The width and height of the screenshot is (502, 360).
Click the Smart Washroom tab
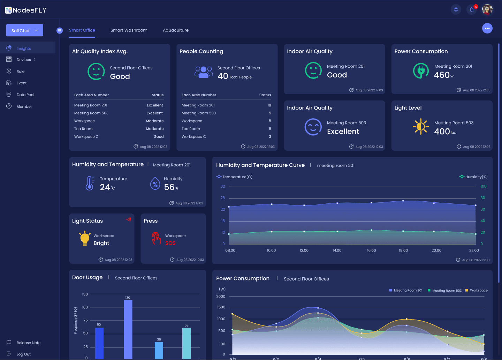click(129, 30)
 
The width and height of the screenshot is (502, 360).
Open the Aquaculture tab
click(175, 30)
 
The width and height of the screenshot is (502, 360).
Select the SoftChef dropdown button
click(25, 30)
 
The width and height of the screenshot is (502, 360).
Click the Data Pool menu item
click(25, 95)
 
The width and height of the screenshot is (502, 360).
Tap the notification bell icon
click(471, 10)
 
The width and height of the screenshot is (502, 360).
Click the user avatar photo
click(487, 10)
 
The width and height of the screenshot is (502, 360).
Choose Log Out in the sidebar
click(23, 354)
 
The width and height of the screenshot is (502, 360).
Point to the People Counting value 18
click(269, 105)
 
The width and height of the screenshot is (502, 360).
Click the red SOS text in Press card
click(170, 243)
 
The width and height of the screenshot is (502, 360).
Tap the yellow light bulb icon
click(85, 238)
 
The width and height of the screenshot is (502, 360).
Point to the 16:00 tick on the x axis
click(371, 250)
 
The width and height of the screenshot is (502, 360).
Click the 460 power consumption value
click(442, 75)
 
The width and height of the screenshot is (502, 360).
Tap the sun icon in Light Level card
click(421, 126)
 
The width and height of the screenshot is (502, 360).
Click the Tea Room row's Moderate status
click(154, 129)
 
